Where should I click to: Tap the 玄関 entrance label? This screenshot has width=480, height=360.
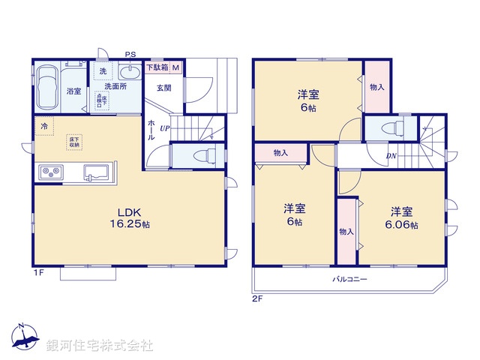[x=164, y=87]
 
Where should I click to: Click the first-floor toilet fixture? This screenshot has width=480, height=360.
[x=199, y=156]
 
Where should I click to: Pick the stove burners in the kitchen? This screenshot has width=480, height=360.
[x=49, y=172]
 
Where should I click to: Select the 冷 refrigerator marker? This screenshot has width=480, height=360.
[x=45, y=127]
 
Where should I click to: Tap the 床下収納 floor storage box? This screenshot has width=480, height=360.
[x=76, y=140]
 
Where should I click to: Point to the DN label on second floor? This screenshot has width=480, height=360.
[x=391, y=157]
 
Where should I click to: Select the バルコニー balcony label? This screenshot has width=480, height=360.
[x=349, y=279]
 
